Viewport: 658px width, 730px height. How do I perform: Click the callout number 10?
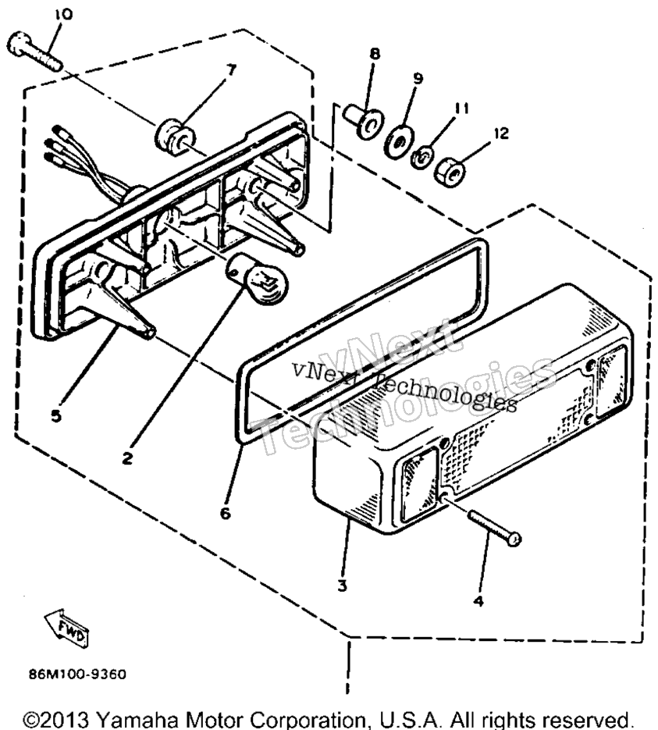[x=64, y=15]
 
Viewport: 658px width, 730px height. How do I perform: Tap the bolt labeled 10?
[x=34, y=52]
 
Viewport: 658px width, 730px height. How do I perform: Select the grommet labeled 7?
[x=175, y=137]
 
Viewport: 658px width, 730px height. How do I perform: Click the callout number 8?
[x=375, y=54]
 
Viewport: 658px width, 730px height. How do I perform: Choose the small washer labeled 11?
[x=422, y=158]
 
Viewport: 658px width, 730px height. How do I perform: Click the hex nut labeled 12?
[x=450, y=173]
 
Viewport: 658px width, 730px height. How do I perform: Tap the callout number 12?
[x=500, y=134]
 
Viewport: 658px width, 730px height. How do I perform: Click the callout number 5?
[x=56, y=415]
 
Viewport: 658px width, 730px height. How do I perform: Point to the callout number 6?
[x=226, y=513]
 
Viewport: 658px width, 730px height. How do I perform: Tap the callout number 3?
[x=342, y=586]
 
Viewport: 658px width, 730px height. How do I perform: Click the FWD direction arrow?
[x=66, y=628]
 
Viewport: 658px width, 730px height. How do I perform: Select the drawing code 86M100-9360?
[x=77, y=674]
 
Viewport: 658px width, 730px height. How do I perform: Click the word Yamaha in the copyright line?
[x=138, y=720]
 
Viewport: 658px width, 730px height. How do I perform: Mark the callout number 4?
[x=478, y=601]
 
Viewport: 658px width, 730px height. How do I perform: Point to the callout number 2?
[x=127, y=459]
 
